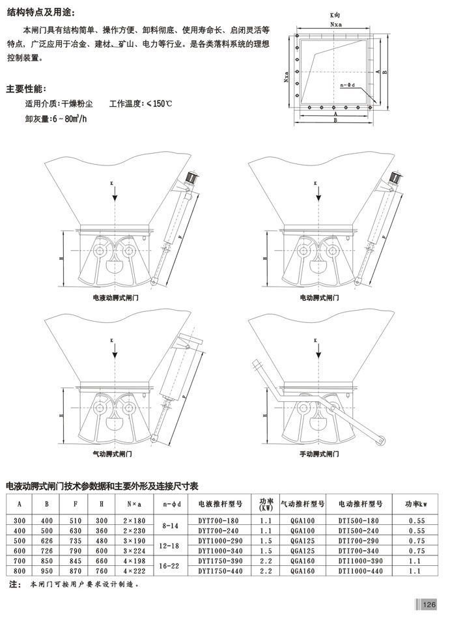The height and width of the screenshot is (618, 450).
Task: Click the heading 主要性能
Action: (27, 89)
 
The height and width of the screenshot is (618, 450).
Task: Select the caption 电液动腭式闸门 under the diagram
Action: (120, 298)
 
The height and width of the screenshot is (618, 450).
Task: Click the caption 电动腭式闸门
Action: (319, 298)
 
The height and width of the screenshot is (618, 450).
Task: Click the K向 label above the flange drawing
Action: (335, 14)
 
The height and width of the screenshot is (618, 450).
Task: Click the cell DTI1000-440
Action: (361, 570)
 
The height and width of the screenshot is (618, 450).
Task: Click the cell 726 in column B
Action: (46, 550)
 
